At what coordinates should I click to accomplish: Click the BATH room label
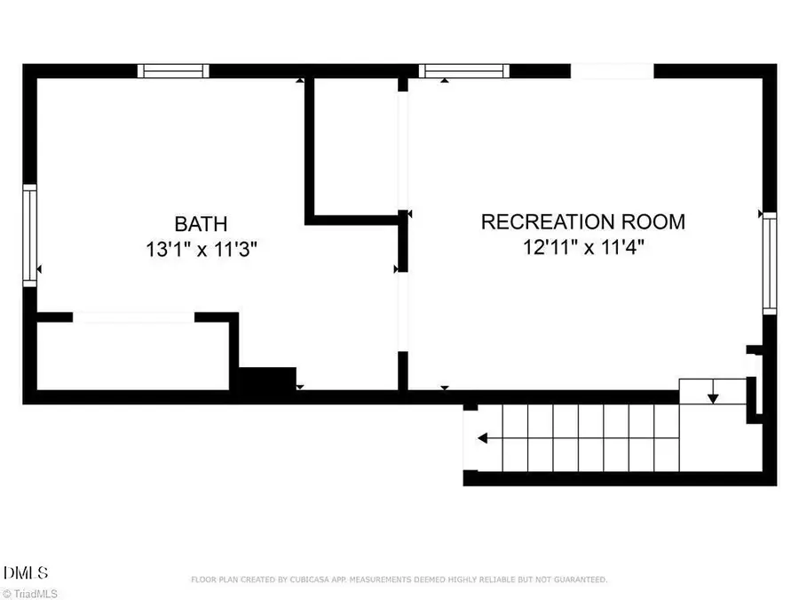[201, 223]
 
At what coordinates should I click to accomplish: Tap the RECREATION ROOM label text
[583, 221]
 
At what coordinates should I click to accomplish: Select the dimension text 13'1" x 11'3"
[201, 250]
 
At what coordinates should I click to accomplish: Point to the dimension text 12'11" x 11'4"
[583, 247]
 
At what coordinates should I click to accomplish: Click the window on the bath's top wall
[174, 71]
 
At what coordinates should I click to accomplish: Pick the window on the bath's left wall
[29, 235]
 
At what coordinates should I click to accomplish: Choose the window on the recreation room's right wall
[770, 262]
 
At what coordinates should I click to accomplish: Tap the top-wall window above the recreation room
[462, 71]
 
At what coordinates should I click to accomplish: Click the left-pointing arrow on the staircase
[482, 438]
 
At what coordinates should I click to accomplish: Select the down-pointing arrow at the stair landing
[712, 396]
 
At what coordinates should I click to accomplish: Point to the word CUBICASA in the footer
[318, 580]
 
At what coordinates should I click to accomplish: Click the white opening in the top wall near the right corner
[612, 71]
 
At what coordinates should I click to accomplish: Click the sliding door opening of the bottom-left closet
[133, 316]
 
